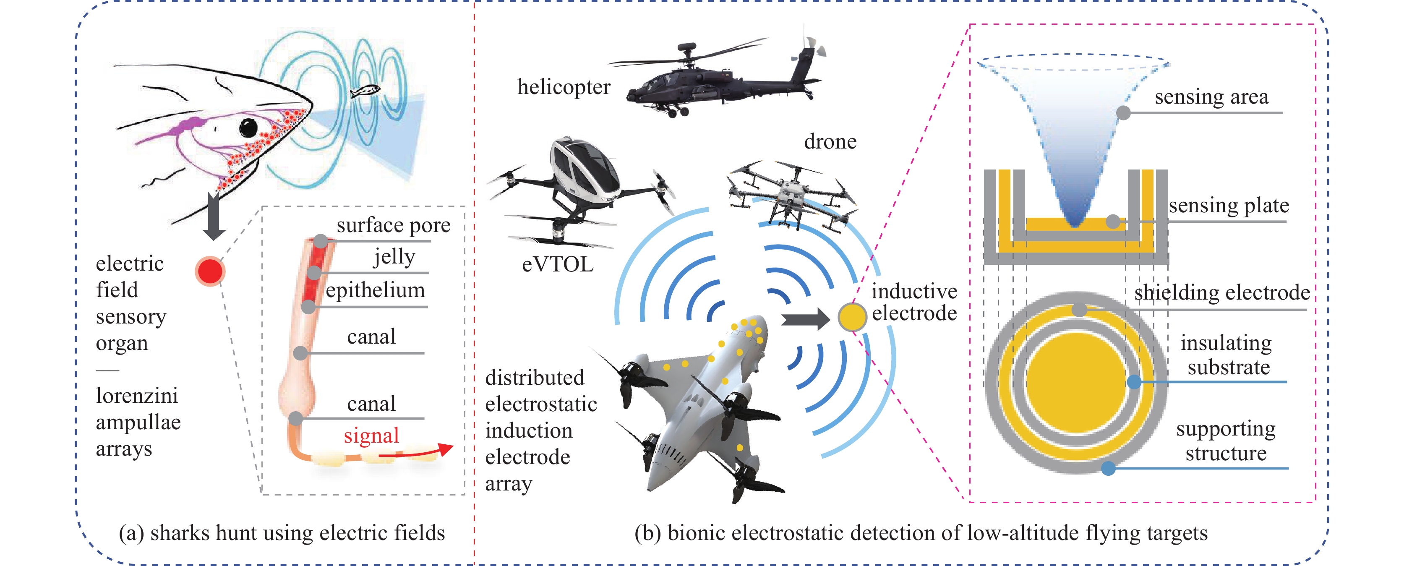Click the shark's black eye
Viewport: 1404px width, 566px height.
[x=248, y=128]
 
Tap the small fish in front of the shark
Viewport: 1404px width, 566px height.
[x=365, y=91]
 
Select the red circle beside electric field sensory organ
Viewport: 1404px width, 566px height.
[x=210, y=271]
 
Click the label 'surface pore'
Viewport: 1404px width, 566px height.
[x=393, y=225]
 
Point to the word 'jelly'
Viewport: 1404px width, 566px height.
[x=394, y=256]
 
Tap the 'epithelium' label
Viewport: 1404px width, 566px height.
[x=375, y=290]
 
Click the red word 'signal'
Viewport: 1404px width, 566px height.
[x=371, y=435]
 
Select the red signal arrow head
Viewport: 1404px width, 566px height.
[x=446, y=449]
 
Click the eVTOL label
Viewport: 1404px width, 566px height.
[x=557, y=265]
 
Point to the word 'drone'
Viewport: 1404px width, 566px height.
[x=830, y=142]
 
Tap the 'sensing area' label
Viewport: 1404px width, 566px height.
[x=1211, y=97]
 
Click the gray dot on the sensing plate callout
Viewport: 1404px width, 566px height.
[x=1113, y=222]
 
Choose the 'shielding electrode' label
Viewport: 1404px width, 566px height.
[x=1222, y=292]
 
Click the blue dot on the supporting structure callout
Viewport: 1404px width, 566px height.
[x=1108, y=468]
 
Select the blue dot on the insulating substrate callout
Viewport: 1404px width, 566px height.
[x=1134, y=382]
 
